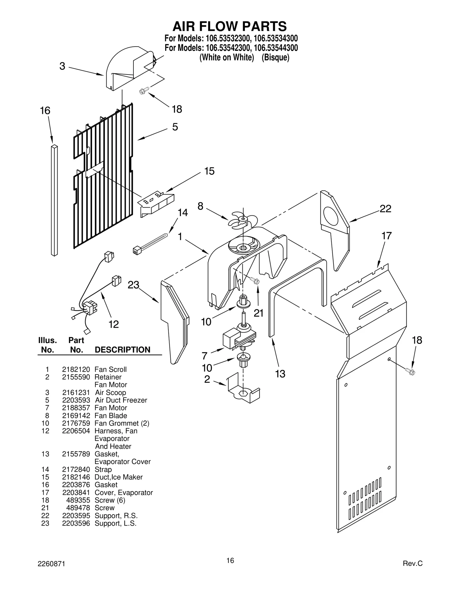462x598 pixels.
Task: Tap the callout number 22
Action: [385, 208]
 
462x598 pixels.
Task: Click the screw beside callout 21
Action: [255, 280]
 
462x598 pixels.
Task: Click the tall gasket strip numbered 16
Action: [54, 200]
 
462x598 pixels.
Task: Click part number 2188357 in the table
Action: [76, 408]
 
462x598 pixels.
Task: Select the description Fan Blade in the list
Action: [111, 416]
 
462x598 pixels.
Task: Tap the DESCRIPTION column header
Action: [122, 350]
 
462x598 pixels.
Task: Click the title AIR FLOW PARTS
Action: [230, 26]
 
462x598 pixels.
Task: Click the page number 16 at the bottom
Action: [230, 560]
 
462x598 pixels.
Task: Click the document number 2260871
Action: [51, 564]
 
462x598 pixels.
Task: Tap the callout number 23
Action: [133, 285]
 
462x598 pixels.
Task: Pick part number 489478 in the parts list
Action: [78, 508]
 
